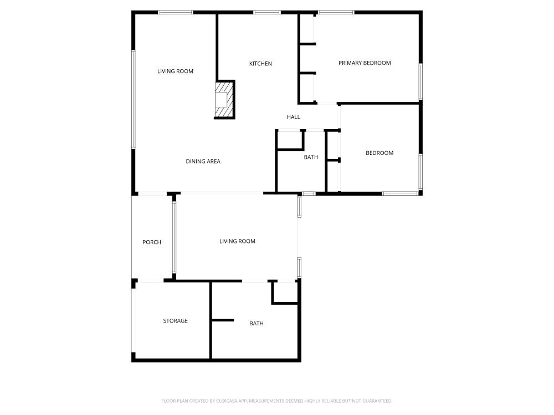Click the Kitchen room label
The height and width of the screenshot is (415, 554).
click(x=260, y=64)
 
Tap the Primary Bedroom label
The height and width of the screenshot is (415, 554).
click(x=365, y=63)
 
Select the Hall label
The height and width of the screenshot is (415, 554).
click(x=293, y=117)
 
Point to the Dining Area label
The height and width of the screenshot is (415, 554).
click(x=203, y=162)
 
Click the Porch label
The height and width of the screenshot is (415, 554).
click(x=152, y=242)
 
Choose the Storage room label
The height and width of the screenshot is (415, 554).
click(x=175, y=321)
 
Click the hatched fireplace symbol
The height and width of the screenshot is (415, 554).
click(x=224, y=100)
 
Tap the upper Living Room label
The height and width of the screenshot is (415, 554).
click(x=175, y=71)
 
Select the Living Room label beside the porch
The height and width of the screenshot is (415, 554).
click(x=237, y=241)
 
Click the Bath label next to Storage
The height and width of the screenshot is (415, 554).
click(x=257, y=324)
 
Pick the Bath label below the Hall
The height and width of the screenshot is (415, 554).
click(x=311, y=157)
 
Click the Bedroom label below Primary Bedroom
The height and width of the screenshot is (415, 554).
click(x=379, y=153)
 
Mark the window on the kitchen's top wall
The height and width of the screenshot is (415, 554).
click(x=266, y=12)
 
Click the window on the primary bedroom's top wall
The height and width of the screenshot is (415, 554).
click(x=336, y=12)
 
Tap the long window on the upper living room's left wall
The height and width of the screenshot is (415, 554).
click(x=133, y=100)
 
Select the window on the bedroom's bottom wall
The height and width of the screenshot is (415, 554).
click(x=400, y=193)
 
